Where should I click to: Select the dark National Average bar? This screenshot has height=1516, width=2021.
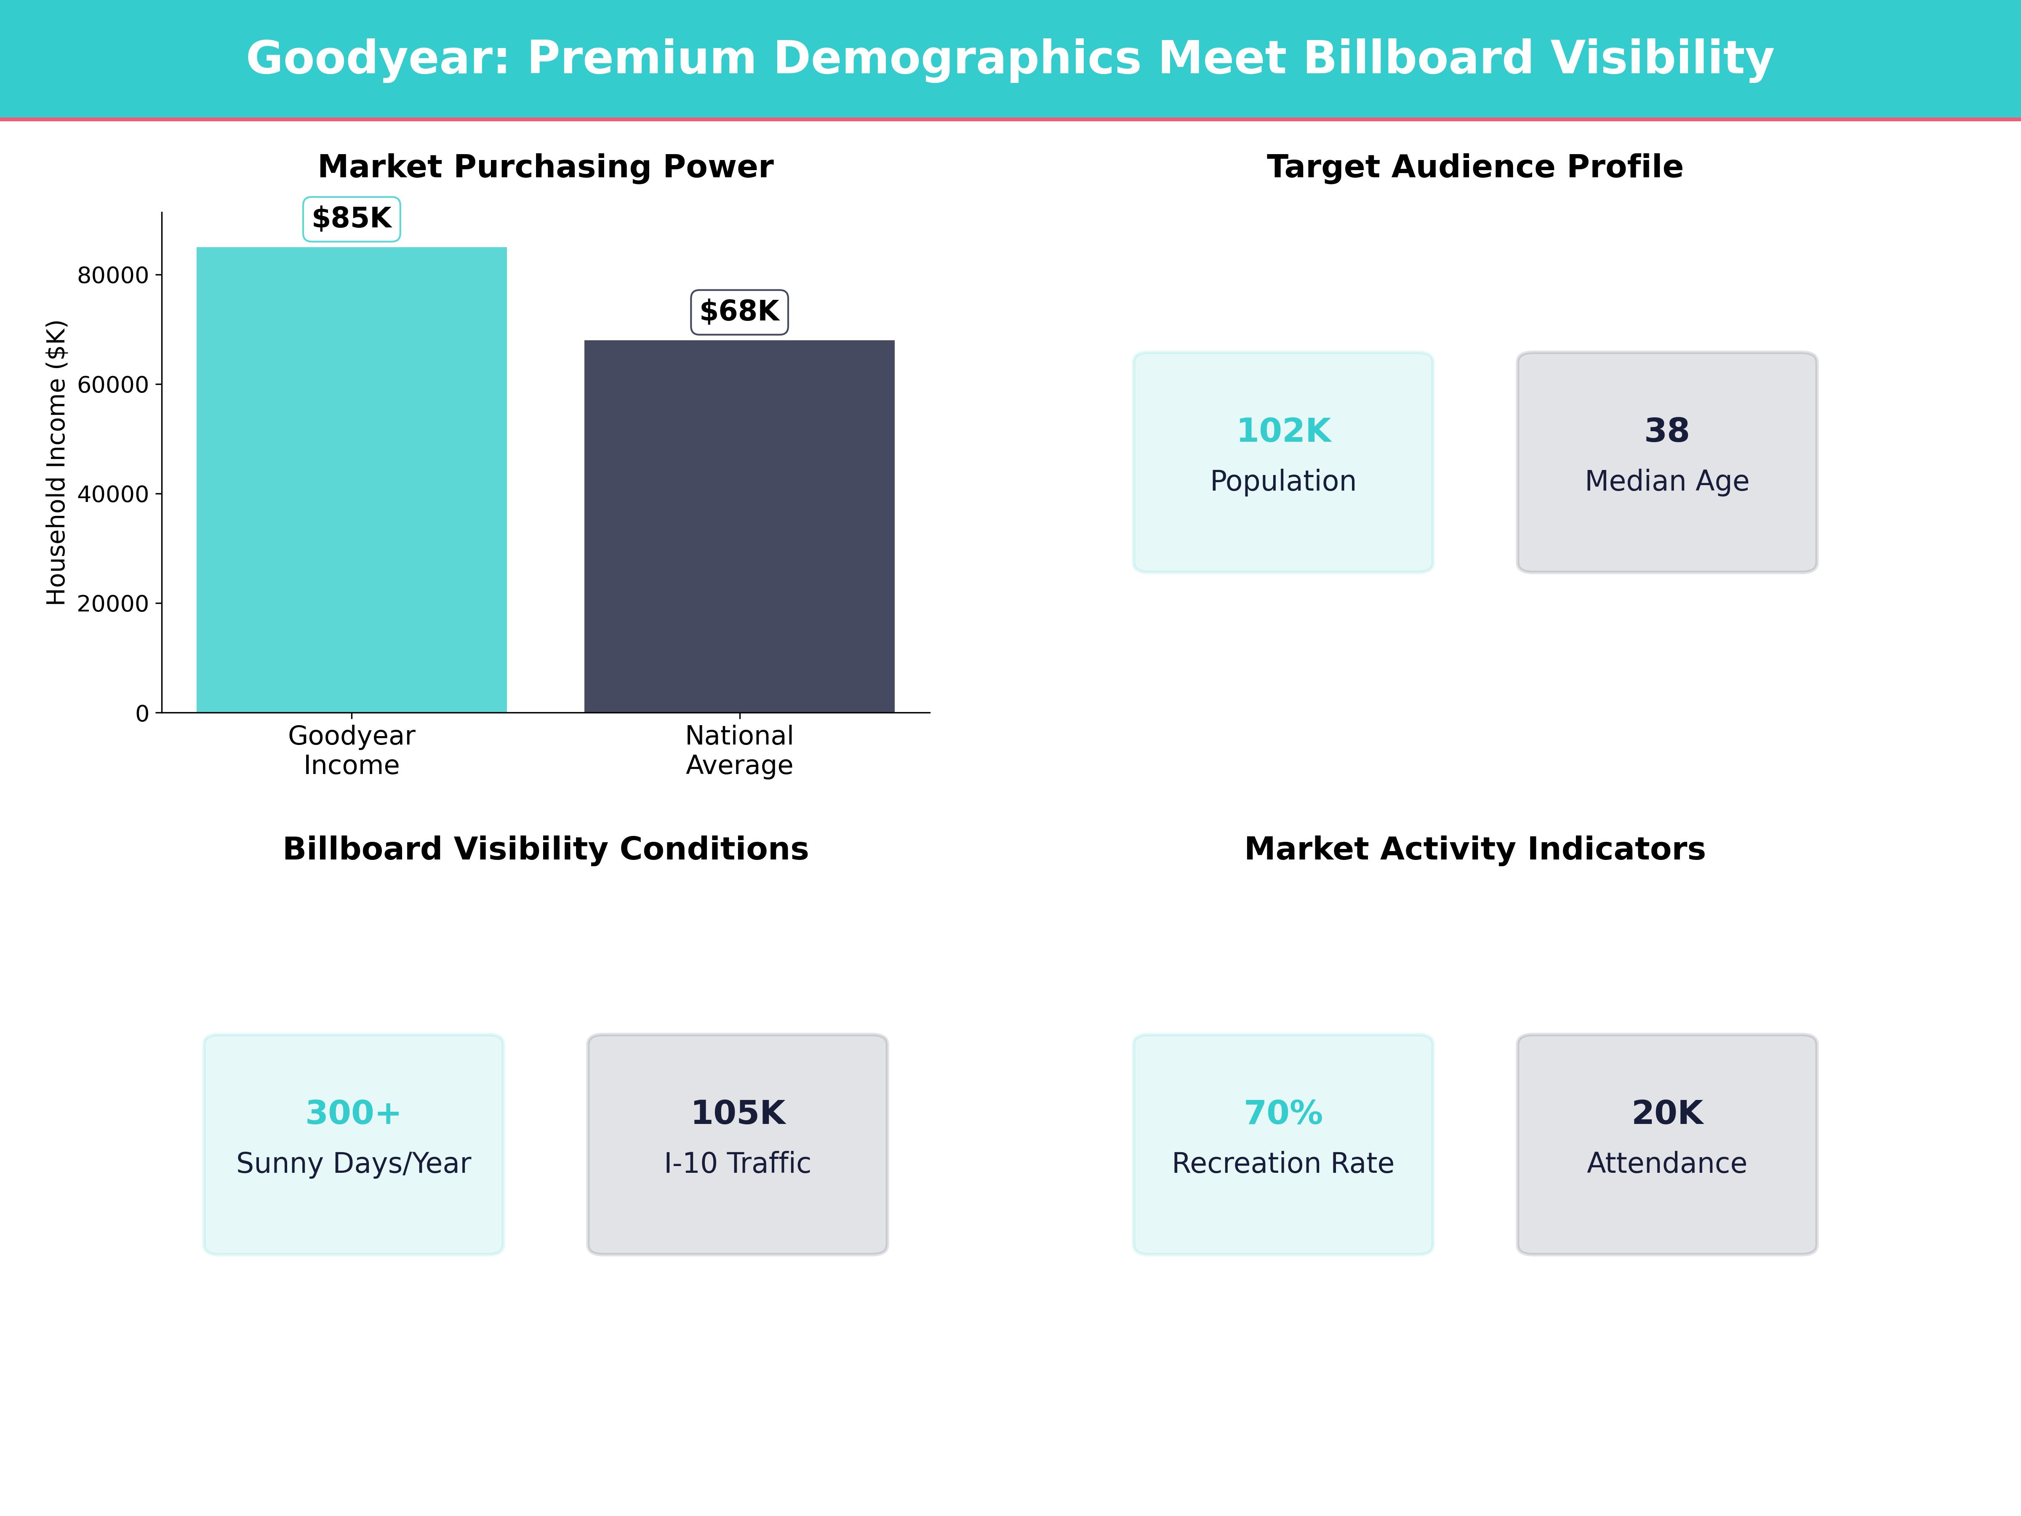[x=739, y=526]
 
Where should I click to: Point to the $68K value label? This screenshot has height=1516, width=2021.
[x=739, y=312]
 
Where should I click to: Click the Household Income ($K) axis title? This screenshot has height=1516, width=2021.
[x=57, y=462]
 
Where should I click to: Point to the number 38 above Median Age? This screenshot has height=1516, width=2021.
[x=1666, y=430]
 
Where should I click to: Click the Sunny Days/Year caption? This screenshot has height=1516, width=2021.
[x=353, y=1163]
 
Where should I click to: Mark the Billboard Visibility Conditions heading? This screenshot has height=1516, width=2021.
[x=545, y=849]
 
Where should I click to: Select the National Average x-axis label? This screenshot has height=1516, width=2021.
[x=739, y=750]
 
